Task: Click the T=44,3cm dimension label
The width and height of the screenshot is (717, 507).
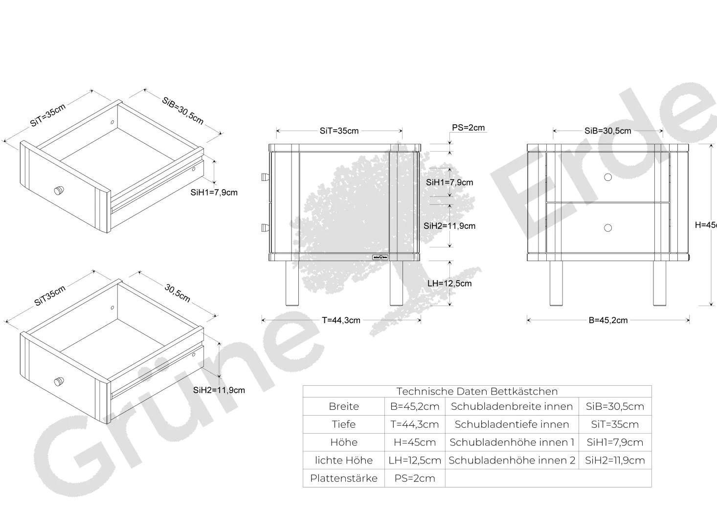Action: click(x=341, y=320)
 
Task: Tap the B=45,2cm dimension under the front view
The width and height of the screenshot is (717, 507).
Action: click(x=608, y=320)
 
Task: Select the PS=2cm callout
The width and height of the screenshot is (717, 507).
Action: click(x=468, y=128)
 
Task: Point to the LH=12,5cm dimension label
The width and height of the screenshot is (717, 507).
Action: click(x=449, y=284)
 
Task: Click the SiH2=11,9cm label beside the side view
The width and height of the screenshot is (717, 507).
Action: click(x=449, y=226)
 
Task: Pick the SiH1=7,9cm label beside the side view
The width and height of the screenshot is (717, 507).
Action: click(x=449, y=182)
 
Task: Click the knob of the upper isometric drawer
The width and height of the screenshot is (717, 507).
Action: click(x=59, y=190)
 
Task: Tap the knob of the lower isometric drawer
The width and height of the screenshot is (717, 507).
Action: click(x=59, y=382)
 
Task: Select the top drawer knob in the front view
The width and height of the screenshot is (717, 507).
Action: click(x=608, y=177)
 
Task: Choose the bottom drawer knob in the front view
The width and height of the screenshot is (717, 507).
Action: click(x=608, y=228)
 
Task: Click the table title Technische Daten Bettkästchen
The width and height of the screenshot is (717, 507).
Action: click(x=477, y=391)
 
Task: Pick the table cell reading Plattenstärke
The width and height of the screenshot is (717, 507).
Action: click(x=344, y=478)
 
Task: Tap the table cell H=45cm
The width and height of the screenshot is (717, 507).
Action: click(x=415, y=442)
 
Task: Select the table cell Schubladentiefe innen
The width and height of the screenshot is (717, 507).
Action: click(x=512, y=424)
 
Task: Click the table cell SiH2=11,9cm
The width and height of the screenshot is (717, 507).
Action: click(x=615, y=460)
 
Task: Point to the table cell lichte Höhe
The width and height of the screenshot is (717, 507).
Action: click(x=344, y=460)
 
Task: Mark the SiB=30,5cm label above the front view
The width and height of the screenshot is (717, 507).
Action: click(x=608, y=131)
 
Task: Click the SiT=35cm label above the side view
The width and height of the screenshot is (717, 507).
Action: click(x=339, y=131)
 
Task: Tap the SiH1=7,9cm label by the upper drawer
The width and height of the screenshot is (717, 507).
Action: click(x=214, y=193)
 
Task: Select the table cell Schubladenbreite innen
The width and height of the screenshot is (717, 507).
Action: click(x=512, y=407)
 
